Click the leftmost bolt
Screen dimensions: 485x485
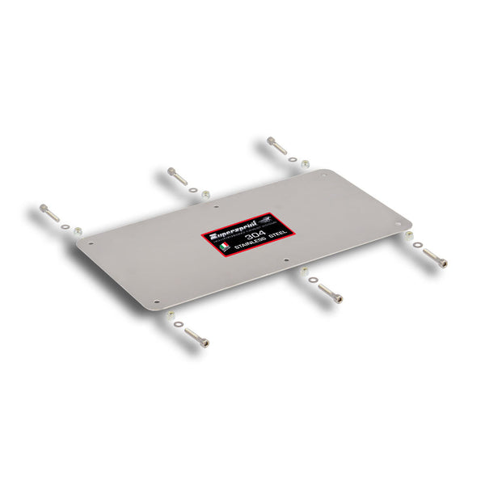[x=48, y=213]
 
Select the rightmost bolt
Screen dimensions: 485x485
[x=436, y=257]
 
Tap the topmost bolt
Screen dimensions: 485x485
[x=277, y=146]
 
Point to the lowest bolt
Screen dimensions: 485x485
[x=197, y=337]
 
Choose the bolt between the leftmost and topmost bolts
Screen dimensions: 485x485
[x=177, y=175]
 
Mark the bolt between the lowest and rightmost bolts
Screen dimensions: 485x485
[x=330, y=292]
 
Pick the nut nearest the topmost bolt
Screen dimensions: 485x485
[x=305, y=164]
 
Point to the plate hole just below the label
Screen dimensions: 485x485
[x=286, y=260]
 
